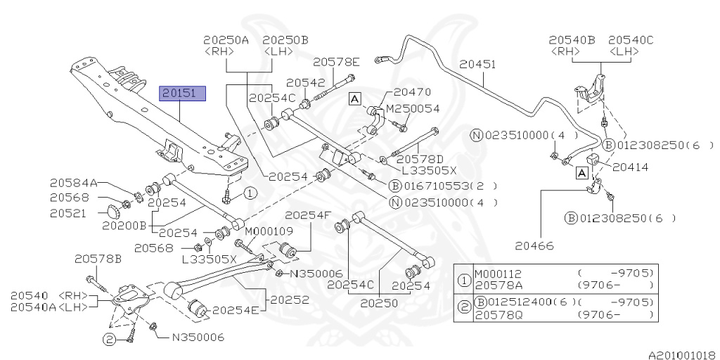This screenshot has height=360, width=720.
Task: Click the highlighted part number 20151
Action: (x=183, y=93)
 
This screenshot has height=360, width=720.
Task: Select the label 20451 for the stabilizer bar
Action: (x=478, y=64)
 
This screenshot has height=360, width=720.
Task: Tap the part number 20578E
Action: (x=336, y=62)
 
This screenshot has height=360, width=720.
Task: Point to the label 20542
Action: (x=305, y=82)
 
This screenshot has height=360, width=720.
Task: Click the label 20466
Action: (x=534, y=245)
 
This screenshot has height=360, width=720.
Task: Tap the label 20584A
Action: (x=74, y=182)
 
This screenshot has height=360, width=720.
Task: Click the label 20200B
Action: (x=124, y=226)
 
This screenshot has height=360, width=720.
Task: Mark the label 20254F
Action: (x=307, y=216)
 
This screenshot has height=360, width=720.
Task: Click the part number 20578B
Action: (x=98, y=259)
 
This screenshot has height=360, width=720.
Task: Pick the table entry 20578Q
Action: (x=499, y=314)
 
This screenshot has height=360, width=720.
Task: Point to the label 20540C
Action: (x=631, y=40)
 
